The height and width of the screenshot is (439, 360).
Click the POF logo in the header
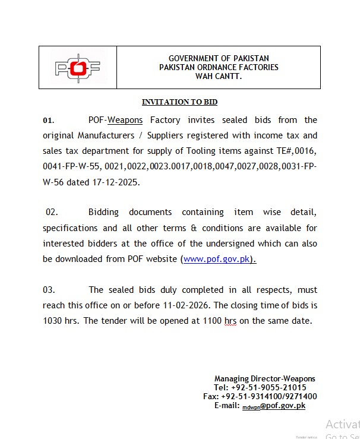coord(77,68)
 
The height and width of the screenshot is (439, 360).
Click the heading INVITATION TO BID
coord(179,102)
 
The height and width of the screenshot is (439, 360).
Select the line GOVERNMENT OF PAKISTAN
coord(219,59)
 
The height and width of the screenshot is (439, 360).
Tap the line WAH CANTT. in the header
coord(219,76)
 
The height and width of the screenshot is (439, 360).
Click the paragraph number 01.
coord(48,121)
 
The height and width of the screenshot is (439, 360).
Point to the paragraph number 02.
coord(51,212)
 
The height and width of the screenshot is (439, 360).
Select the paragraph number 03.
coord(49,290)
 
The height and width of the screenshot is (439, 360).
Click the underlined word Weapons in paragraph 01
coord(125,120)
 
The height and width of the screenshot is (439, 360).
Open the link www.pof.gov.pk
coord(217,259)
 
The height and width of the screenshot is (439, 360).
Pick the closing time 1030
coord(53,321)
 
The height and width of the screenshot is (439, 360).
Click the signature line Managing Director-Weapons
coord(265,378)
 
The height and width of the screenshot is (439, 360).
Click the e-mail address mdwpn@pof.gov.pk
coord(273,406)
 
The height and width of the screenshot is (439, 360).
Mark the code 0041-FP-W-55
coord(68,167)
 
